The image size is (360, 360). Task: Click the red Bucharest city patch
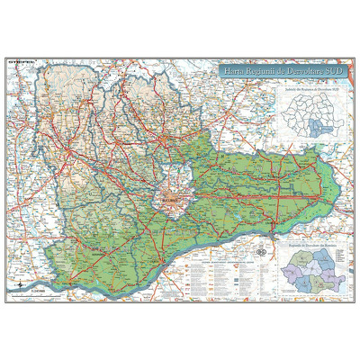point(169,193)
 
